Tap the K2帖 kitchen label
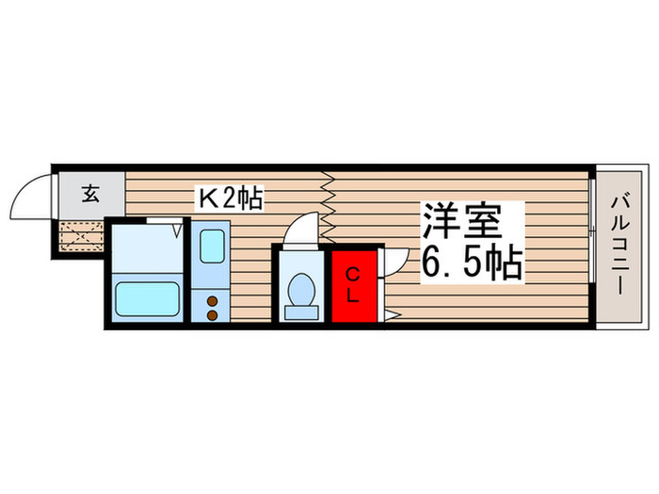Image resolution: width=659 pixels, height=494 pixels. click(x=229, y=198)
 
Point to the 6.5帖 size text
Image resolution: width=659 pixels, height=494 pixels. click(x=470, y=264)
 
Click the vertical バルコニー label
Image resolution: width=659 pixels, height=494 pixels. click(x=621, y=244)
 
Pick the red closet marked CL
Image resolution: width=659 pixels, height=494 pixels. click(x=353, y=283)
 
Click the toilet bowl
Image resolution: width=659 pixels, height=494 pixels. click(x=301, y=286)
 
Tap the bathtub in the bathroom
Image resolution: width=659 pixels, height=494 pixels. click(x=147, y=300)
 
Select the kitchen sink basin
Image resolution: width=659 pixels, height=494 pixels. click(x=211, y=242)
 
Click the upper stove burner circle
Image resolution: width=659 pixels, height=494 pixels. click(x=212, y=300)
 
